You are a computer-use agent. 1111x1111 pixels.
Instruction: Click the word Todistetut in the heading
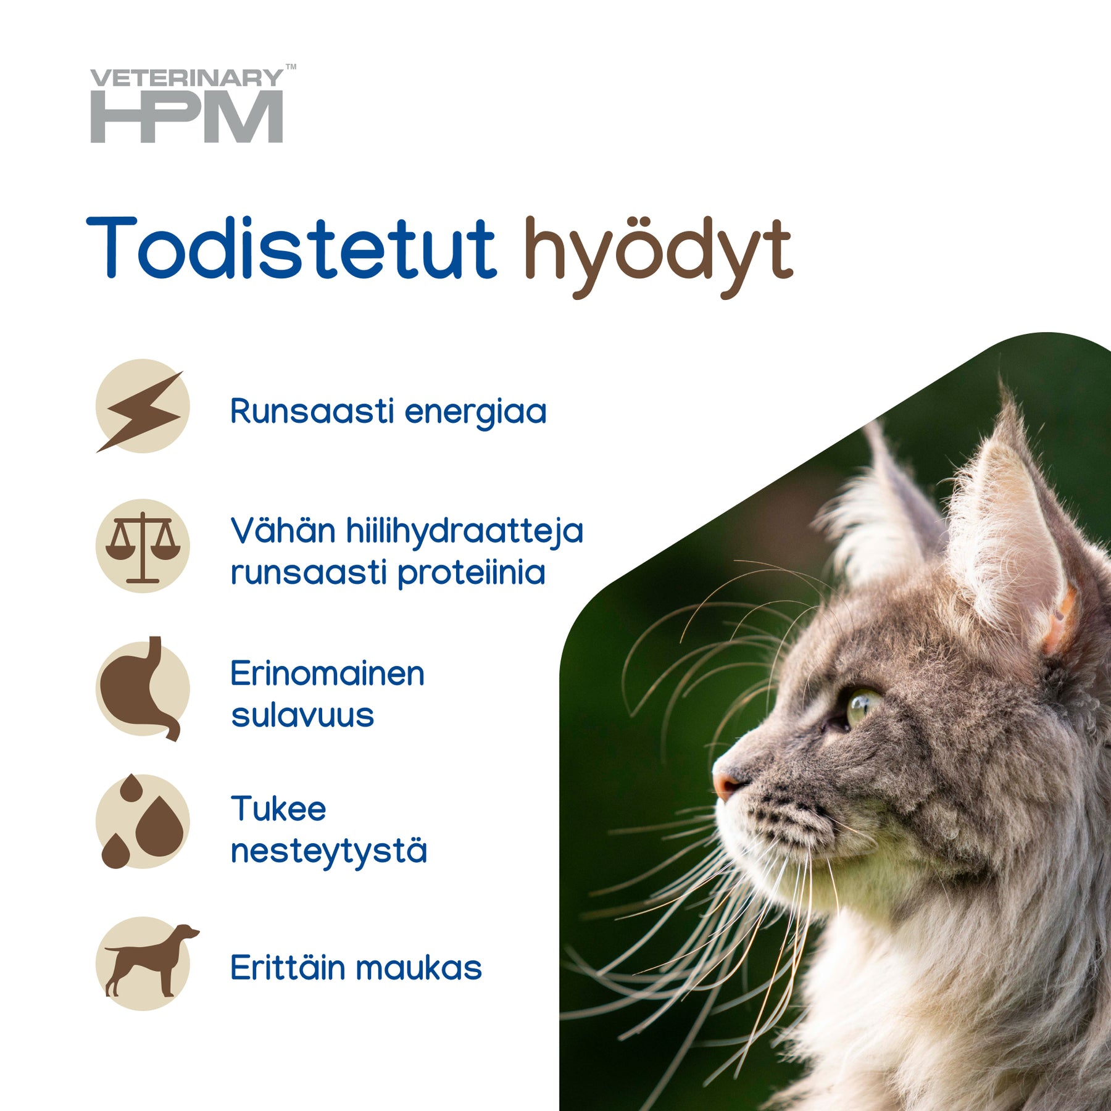pyautogui.click(x=291, y=248)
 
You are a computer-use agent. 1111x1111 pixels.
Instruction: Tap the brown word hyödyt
pyautogui.click(x=659, y=257)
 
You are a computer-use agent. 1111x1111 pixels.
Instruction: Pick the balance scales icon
pyautogui.click(x=143, y=546)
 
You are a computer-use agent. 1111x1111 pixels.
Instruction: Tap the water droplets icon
pyautogui.click(x=143, y=822)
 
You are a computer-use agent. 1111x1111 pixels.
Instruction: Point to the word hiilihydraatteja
pyautogui.click(x=464, y=533)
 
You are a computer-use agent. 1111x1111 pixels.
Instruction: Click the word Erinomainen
pyautogui.click(x=327, y=673)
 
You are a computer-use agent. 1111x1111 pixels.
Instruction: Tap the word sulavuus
pyautogui.click(x=302, y=715)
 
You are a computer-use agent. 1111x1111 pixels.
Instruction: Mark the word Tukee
pyautogui.click(x=278, y=809)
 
